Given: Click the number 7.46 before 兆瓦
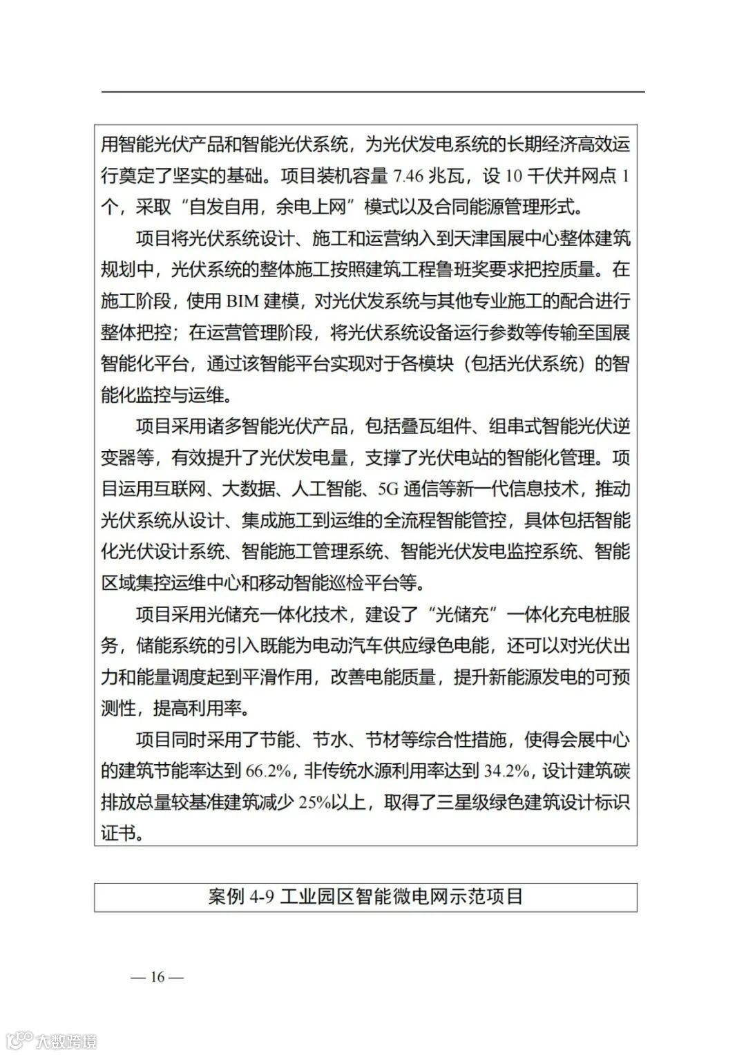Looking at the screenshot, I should [x=408, y=176].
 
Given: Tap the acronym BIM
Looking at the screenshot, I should [x=242, y=301].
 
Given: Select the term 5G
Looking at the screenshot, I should [x=389, y=489].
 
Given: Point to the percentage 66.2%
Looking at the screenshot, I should [x=271, y=772].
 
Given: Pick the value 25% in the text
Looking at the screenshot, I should [x=314, y=803].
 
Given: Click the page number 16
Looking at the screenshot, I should [x=157, y=977].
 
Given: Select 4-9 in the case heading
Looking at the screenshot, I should [x=262, y=897].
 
